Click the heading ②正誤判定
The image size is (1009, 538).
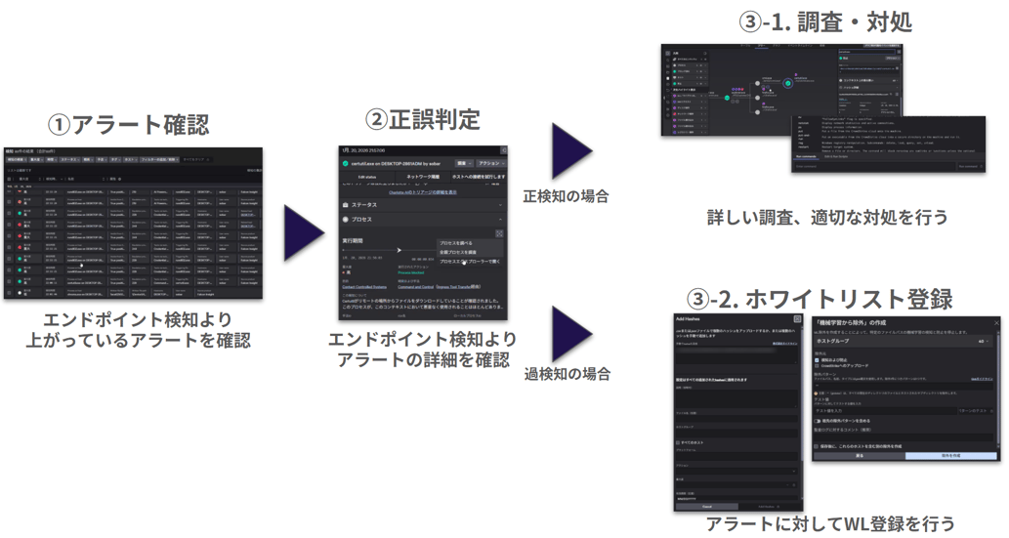pos(423,119)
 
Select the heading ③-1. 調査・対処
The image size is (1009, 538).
pos(827,21)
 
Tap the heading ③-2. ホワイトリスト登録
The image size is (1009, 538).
pos(820,296)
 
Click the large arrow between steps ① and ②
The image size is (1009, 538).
pos(303,235)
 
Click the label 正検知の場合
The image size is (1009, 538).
pos(566,195)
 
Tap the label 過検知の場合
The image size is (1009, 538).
pos(567,374)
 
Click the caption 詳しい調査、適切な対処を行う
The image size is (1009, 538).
pos(826,218)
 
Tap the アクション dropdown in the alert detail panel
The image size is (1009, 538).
pos(490,163)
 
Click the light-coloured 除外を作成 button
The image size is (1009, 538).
pos(951,456)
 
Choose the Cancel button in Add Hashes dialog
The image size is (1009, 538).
pos(707,507)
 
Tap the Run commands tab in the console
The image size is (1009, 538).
pos(807,156)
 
